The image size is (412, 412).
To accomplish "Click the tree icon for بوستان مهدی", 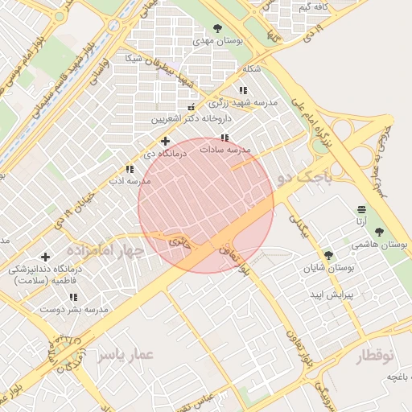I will pyautogui.click(x=220, y=28).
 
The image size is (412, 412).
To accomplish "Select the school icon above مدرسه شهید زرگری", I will pyautogui.click(x=244, y=91).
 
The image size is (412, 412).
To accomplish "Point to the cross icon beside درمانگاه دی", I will pyautogui.click(x=165, y=141).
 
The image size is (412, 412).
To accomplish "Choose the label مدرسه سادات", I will pyautogui.click(x=227, y=150).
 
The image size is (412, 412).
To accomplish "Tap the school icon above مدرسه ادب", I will pyautogui.click(x=130, y=169).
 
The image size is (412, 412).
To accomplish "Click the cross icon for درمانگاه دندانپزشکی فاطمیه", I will pyautogui.click(x=45, y=257).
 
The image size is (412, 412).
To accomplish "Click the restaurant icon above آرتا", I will pyautogui.click(x=362, y=209).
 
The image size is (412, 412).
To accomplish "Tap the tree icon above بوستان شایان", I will pyautogui.click(x=328, y=254).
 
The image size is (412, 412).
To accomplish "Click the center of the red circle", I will pyautogui.click(x=206, y=205).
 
